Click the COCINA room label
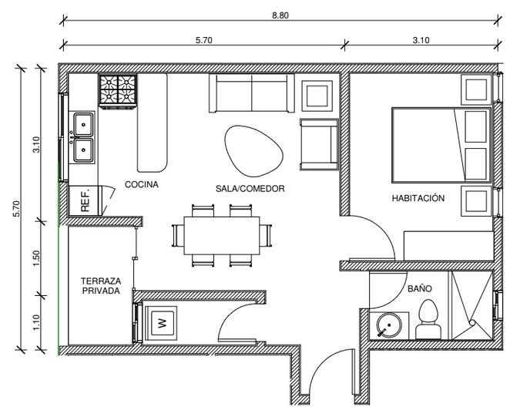[x=142, y=184]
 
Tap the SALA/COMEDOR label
[x=250, y=188]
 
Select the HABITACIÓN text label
[x=418, y=198]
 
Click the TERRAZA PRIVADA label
[x=101, y=286]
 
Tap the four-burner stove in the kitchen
[x=117, y=90]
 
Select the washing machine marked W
[x=162, y=323]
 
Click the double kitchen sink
[x=82, y=137]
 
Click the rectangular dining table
[x=221, y=235]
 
